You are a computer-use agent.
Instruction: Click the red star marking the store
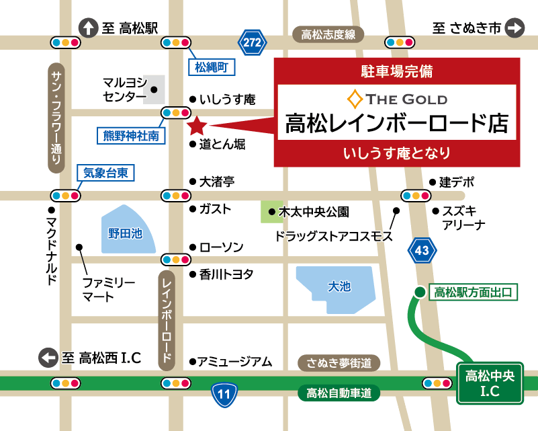coord(197,125)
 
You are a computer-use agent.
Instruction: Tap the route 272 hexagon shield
coord(252,42)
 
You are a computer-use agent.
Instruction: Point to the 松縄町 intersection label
coord(212,67)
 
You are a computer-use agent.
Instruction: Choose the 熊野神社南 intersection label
coord(131,136)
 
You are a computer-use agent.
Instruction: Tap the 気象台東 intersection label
coord(105,173)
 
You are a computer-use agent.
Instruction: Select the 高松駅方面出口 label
coord(473,292)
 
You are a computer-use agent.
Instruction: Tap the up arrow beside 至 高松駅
coord(88,28)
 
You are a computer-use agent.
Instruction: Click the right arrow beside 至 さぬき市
coord(514,28)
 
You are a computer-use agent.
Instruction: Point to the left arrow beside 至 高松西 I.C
coord(48,358)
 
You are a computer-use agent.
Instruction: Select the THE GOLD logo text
coord(397,100)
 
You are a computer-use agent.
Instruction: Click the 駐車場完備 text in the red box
coord(397,70)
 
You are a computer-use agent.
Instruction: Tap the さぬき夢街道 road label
coord(339,363)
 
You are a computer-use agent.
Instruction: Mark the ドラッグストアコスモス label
coord(334,237)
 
